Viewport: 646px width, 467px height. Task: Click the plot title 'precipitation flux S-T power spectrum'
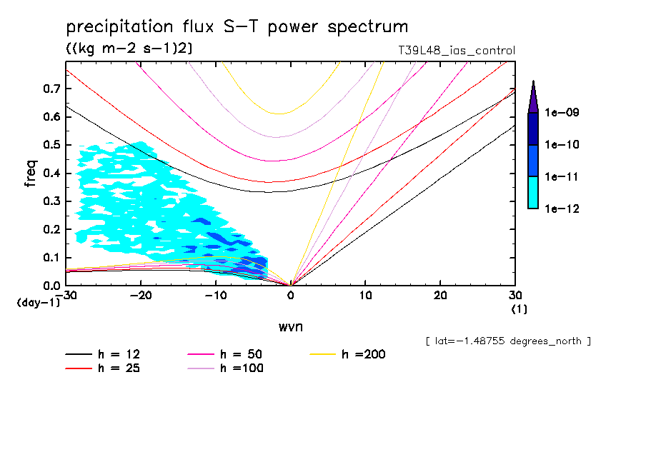pos(237,27)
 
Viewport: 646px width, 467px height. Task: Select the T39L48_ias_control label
pos(457,51)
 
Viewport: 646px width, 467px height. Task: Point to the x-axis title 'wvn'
pos(290,327)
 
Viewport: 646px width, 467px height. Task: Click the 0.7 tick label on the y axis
pos(50,89)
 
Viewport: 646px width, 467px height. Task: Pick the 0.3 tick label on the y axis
pos(50,201)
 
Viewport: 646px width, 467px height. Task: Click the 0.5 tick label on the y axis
pos(50,145)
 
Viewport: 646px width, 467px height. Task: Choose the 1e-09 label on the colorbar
pos(562,113)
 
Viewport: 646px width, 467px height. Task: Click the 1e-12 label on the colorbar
pos(562,209)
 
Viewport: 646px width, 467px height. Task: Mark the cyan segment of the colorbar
pos(533,192)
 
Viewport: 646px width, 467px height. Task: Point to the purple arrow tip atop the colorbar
pos(533,96)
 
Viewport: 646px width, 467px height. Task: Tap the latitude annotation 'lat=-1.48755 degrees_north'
pos(507,341)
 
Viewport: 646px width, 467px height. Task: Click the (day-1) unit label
pos(39,303)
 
